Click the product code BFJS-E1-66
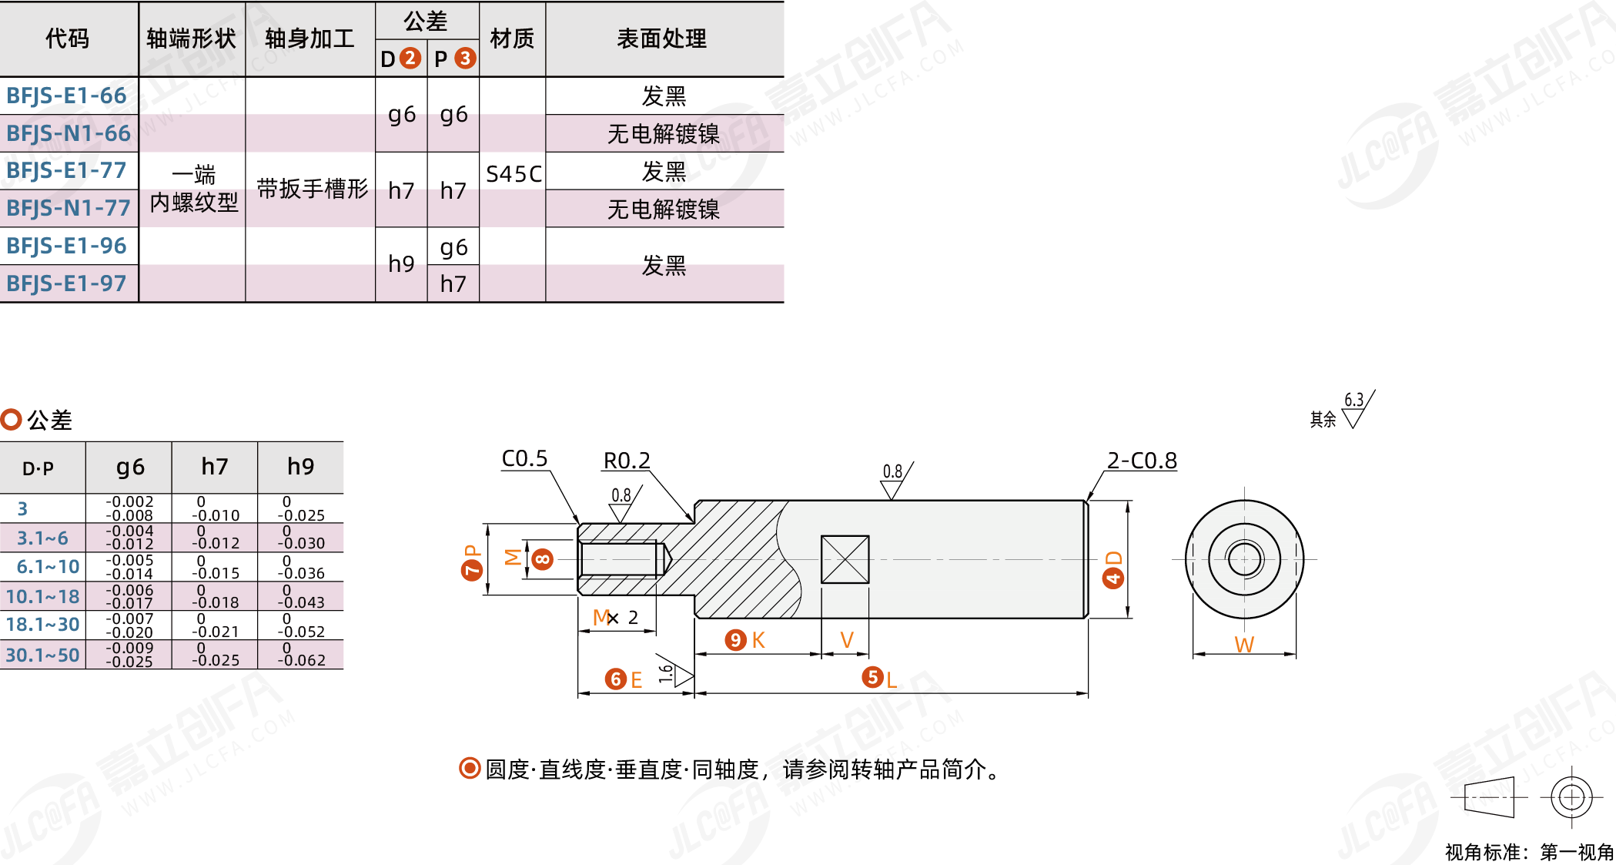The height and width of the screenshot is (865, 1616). click(66, 96)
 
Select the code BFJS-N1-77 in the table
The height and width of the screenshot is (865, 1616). click(69, 208)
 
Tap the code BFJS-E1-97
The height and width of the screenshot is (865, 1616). click(66, 283)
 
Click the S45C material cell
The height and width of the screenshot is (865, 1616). click(514, 174)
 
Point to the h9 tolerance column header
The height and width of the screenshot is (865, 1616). click(300, 467)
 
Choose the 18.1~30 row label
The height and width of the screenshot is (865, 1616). click(43, 625)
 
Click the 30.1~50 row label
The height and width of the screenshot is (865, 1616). click(43, 655)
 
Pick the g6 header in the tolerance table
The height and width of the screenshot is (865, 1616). click(130, 467)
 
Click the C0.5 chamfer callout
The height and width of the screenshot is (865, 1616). click(524, 459)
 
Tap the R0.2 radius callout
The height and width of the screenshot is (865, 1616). click(627, 461)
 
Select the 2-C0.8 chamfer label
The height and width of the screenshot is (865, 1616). click(1142, 461)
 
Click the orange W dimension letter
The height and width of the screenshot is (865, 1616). click(1244, 645)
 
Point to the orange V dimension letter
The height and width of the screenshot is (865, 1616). click(846, 640)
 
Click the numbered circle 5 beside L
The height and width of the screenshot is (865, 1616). click(872, 677)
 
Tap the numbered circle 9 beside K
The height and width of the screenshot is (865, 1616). click(736, 640)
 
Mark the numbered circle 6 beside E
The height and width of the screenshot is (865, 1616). click(615, 679)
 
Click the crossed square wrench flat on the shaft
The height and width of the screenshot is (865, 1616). click(845, 560)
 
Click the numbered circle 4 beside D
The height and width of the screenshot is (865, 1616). click(1112, 578)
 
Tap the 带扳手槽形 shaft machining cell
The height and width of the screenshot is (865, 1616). click(312, 189)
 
